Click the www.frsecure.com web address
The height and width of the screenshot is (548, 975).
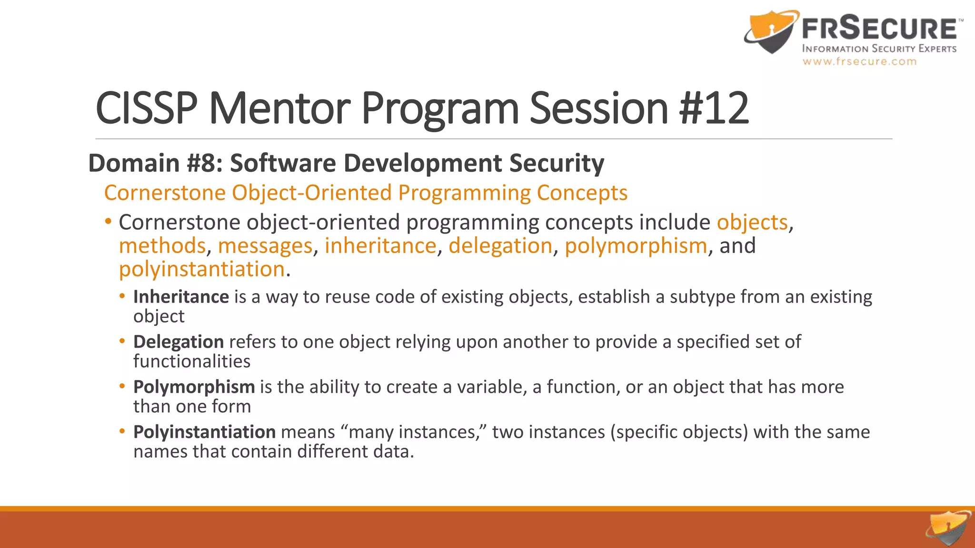point(859,61)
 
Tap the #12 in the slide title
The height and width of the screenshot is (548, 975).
point(714,108)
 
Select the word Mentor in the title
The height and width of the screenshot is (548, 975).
point(280,108)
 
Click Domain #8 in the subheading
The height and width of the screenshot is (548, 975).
point(154,163)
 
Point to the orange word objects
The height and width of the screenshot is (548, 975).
point(752,223)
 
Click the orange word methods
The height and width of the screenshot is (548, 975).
point(162,246)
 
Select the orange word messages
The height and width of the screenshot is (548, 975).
point(265,246)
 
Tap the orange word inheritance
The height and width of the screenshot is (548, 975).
point(380,246)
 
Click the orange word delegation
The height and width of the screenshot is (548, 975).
point(500,246)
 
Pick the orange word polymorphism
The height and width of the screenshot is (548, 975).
point(636,246)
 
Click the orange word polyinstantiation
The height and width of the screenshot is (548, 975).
point(201,269)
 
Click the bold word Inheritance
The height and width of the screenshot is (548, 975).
point(181,297)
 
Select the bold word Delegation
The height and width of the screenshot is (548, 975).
point(178,342)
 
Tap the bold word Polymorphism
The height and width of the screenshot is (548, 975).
point(194,387)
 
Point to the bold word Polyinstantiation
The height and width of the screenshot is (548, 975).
point(204,432)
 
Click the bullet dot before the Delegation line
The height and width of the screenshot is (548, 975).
point(122,342)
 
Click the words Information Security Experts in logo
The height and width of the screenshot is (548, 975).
point(879,49)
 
